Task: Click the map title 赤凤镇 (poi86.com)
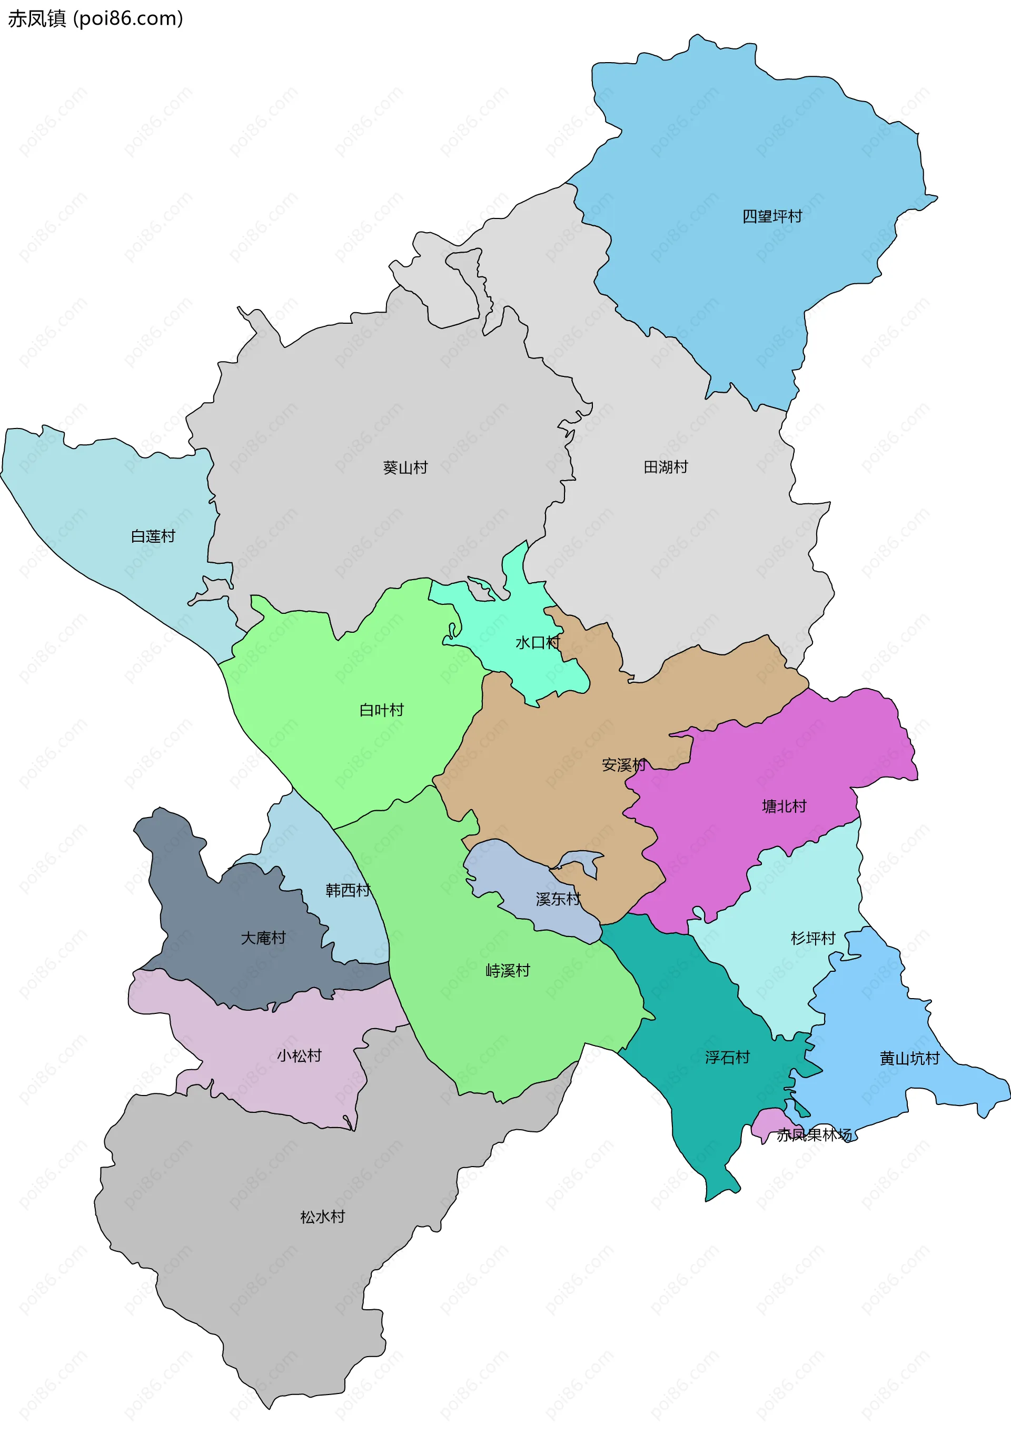pyautogui.click(x=95, y=19)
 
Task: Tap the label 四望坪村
pyautogui.click(x=772, y=216)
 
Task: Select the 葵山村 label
pyautogui.click(x=405, y=467)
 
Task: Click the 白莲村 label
pyautogui.click(x=153, y=536)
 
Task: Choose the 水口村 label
pyautogui.click(x=537, y=642)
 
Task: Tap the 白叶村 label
pyautogui.click(x=381, y=710)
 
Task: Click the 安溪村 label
pyautogui.click(x=623, y=765)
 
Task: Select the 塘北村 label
pyautogui.click(x=784, y=806)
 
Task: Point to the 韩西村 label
pyautogui.click(x=348, y=890)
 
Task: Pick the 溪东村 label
pyautogui.click(x=558, y=899)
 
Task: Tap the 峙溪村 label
pyautogui.click(x=508, y=970)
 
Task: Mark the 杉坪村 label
pyautogui.click(x=813, y=938)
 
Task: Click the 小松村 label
pyautogui.click(x=300, y=1055)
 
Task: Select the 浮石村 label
pyautogui.click(x=727, y=1057)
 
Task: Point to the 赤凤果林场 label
pyautogui.click(x=814, y=1134)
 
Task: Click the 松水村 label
pyautogui.click(x=323, y=1217)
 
